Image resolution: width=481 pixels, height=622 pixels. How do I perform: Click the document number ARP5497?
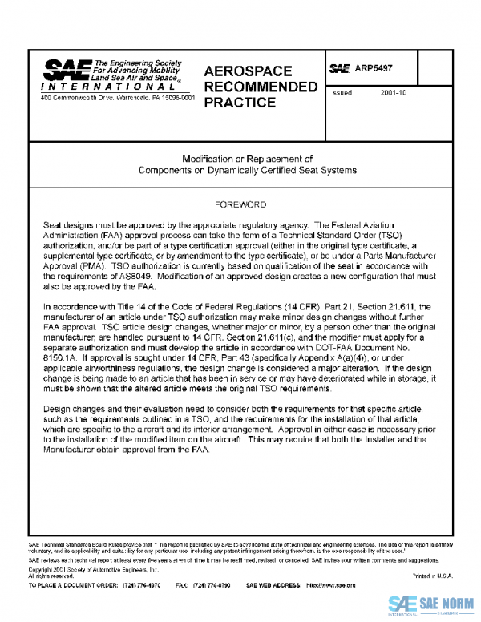point(374,70)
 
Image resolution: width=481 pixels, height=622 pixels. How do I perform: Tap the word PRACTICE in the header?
point(240,103)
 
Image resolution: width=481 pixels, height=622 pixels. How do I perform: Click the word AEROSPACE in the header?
point(248,71)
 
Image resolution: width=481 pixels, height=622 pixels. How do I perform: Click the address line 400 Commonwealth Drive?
point(117,99)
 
